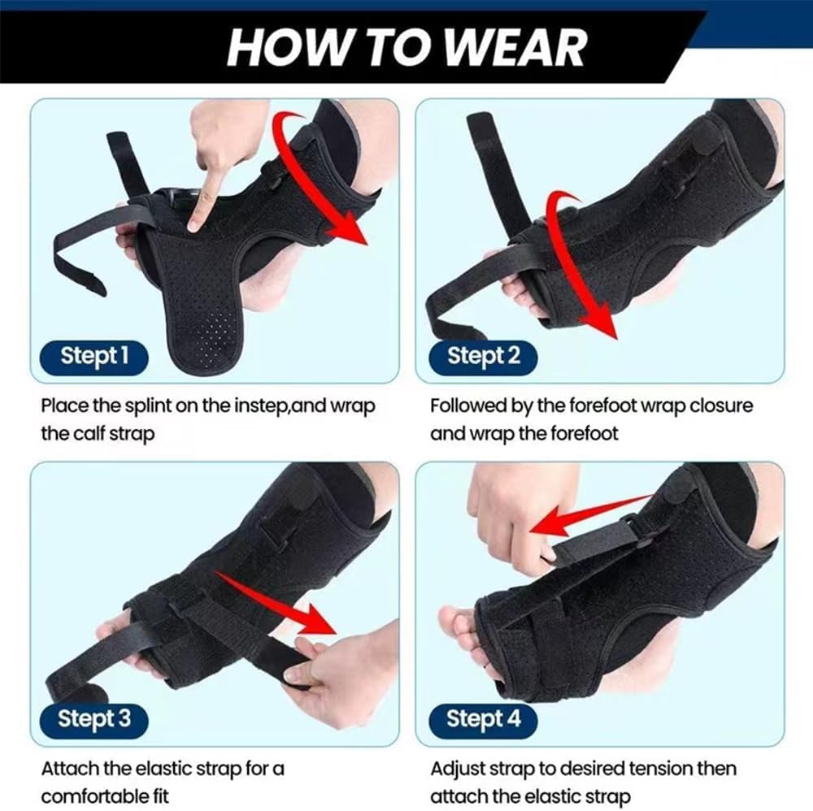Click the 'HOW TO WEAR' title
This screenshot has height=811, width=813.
pyautogui.click(x=406, y=46)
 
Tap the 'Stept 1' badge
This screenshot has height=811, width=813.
pyautogui.click(x=94, y=355)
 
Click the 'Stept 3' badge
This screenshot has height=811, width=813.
pyautogui.click(x=94, y=718)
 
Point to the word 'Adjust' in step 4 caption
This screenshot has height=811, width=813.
pyautogui.click(x=458, y=769)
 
